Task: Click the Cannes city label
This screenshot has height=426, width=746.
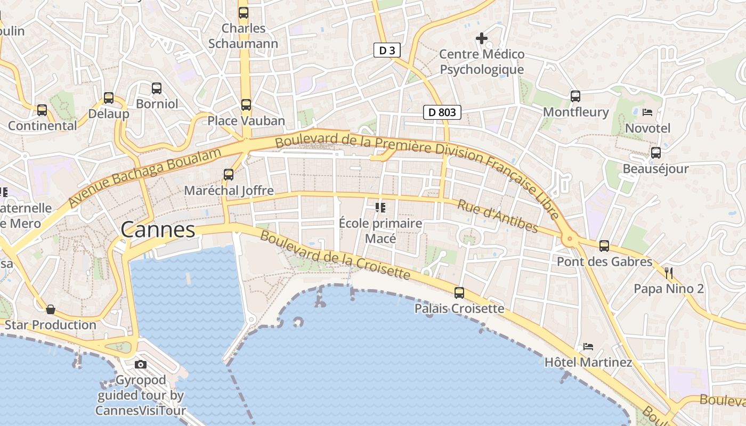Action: click(x=158, y=230)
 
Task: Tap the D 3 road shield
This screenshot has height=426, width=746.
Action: click(x=387, y=51)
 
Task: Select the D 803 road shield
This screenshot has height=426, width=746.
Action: click(x=442, y=112)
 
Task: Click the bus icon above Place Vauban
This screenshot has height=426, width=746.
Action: click(x=246, y=105)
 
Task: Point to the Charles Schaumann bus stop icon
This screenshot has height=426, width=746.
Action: click(x=244, y=12)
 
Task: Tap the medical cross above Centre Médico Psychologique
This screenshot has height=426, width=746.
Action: click(x=482, y=38)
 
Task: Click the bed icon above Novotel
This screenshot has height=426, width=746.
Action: click(x=647, y=112)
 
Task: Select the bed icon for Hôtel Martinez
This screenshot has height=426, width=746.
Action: click(x=588, y=346)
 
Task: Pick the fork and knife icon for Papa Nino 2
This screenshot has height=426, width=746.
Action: click(x=669, y=273)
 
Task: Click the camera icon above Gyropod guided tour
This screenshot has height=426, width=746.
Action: click(x=141, y=364)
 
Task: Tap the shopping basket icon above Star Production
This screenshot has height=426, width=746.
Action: click(x=51, y=309)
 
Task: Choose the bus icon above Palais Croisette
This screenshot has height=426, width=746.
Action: click(x=459, y=292)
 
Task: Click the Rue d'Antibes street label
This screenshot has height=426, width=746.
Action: click(x=498, y=216)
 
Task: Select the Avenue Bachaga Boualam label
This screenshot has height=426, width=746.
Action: click(x=144, y=178)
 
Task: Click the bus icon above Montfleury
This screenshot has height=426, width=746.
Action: click(x=575, y=96)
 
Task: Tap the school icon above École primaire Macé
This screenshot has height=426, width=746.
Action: click(x=380, y=207)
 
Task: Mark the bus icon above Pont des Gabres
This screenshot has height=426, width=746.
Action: click(x=604, y=245)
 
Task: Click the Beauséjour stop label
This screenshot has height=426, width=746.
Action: click(x=655, y=169)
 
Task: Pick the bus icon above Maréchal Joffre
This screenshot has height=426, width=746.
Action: click(x=229, y=174)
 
